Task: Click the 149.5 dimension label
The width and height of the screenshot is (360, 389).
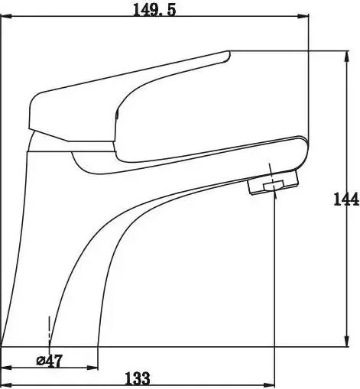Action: coord(154,11)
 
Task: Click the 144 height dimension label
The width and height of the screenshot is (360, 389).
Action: coord(346,199)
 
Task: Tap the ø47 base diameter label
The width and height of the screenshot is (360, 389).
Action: coord(50,361)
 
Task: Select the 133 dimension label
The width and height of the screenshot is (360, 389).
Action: coord(138,378)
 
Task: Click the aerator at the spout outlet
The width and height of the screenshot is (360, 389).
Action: coord(272,183)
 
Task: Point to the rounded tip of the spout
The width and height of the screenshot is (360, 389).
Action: coord(303,145)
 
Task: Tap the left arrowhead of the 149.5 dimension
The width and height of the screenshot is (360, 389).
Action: coord(6,17)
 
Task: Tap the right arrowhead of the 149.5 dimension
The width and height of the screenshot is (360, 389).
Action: coord(303,17)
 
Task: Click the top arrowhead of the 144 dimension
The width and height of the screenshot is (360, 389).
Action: coord(346,57)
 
